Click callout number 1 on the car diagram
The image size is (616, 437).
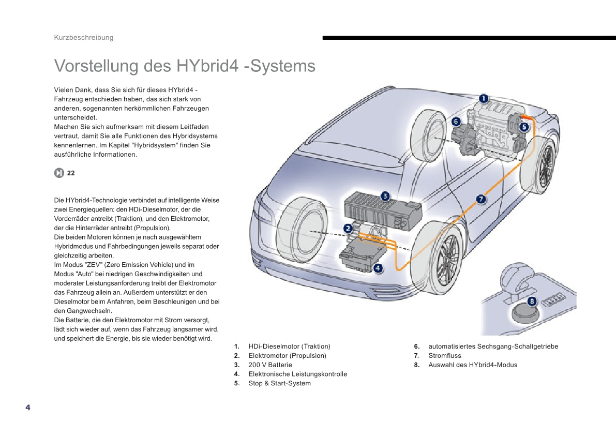point(483,98)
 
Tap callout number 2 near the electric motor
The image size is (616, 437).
point(348,228)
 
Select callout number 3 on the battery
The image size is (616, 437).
point(385,195)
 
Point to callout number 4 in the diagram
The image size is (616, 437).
point(378,267)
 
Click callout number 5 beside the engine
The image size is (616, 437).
point(524,126)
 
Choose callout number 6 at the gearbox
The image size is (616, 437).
point(456,122)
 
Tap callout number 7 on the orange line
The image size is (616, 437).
point(480,199)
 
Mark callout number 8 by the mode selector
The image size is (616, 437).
point(532,302)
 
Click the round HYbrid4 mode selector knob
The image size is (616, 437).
point(524,312)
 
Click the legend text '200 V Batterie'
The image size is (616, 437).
point(270,365)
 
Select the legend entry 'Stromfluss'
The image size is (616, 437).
point(444,356)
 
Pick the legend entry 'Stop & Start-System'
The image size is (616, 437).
point(279,384)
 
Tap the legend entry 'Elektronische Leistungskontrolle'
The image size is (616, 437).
point(297,374)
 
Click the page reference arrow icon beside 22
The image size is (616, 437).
point(59,173)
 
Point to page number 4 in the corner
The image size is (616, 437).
point(28,408)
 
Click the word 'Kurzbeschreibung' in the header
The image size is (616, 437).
point(84,37)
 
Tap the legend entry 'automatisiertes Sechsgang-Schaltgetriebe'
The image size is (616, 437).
point(493,346)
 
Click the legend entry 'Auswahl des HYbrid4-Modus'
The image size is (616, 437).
point(472,365)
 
